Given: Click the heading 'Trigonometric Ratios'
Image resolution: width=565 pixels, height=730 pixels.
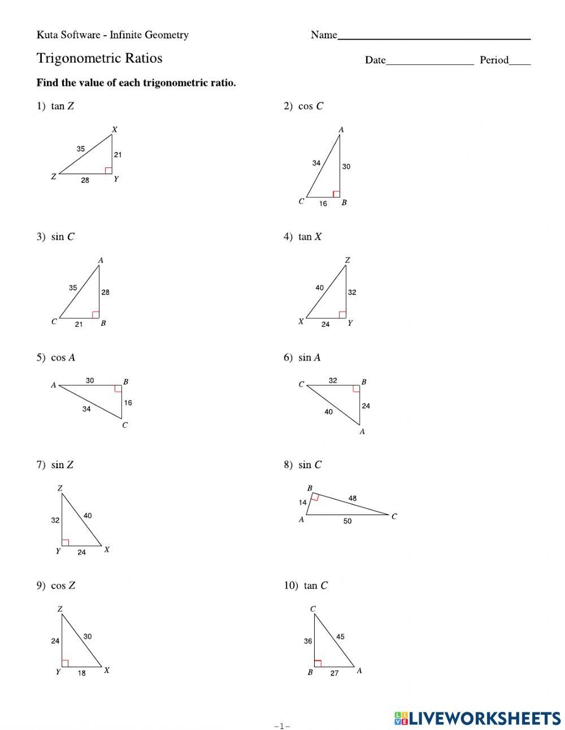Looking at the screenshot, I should click(99, 58).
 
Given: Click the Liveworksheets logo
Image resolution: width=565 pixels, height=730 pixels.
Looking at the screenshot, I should click(477, 718).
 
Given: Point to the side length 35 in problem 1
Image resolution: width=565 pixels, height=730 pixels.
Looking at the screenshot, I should click(81, 149).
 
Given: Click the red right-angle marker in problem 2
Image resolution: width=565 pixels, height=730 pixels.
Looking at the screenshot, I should click(336, 194).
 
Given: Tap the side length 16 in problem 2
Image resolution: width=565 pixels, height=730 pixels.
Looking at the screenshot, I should click(323, 204).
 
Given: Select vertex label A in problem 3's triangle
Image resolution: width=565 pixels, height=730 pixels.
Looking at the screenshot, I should click(101, 260).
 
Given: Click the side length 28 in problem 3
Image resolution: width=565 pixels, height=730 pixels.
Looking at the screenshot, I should click(106, 292).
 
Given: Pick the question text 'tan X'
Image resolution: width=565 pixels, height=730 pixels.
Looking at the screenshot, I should click(310, 237).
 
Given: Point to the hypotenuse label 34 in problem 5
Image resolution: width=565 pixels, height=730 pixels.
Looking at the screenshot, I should click(86, 409).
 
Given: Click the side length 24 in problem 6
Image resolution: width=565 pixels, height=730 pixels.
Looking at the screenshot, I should click(366, 406).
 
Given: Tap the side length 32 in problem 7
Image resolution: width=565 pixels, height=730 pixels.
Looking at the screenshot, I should click(55, 520).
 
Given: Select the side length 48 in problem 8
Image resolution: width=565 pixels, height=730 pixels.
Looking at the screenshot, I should click(353, 498).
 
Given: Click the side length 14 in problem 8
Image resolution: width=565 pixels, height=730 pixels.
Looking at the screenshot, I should click(303, 502).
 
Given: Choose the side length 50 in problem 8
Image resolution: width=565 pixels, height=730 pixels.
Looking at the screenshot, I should click(347, 521).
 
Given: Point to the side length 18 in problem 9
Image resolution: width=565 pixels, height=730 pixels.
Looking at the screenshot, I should click(82, 673).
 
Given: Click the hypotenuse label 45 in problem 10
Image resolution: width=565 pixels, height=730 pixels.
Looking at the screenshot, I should click(340, 637).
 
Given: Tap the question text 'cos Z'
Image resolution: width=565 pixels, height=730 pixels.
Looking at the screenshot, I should click(63, 586).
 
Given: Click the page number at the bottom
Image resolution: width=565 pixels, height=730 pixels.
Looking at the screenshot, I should click(282, 726).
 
